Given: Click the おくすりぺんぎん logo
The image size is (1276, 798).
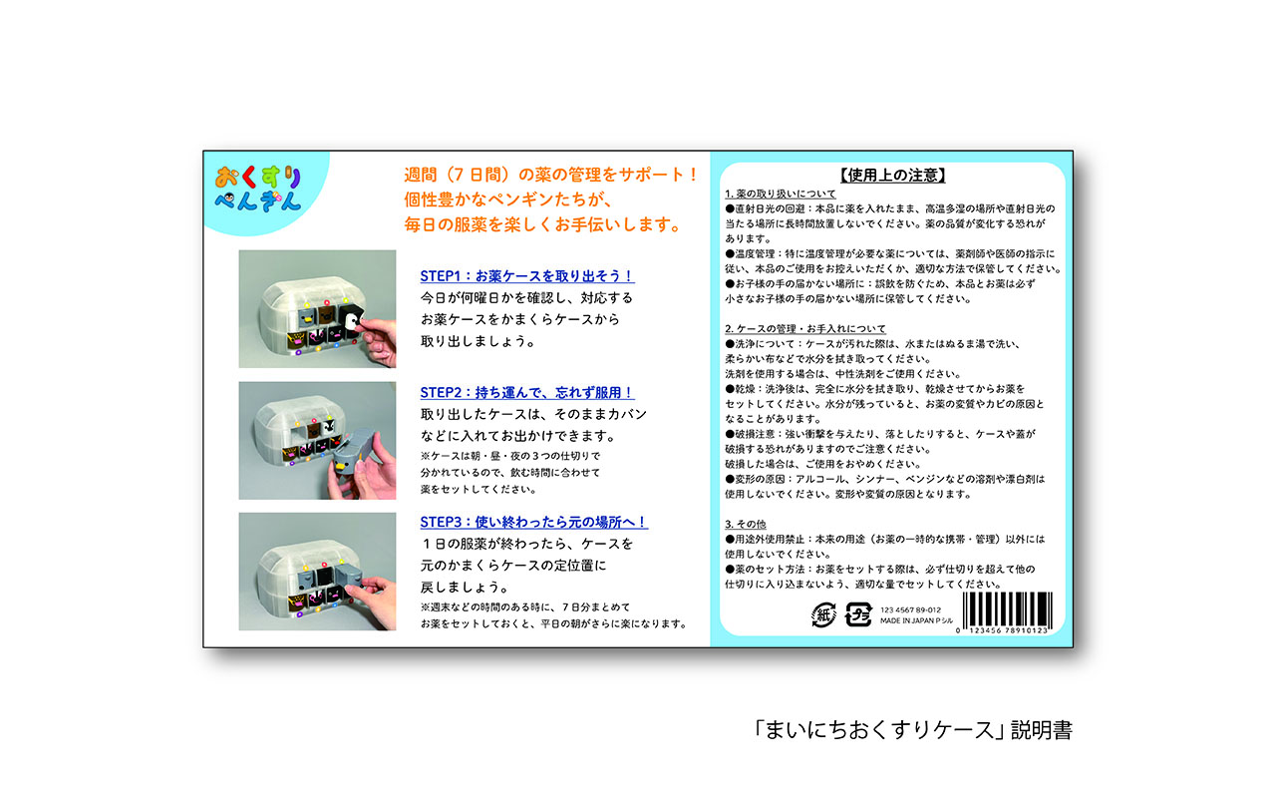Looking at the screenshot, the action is click(x=258, y=189).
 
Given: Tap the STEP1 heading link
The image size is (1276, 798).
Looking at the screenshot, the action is click(x=527, y=276).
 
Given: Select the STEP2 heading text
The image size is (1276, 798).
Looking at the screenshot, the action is click(x=527, y=392).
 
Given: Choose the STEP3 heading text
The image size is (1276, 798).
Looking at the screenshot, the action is click(x=533, y=522).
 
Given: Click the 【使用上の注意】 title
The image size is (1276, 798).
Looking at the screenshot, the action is click(x=892, y=175).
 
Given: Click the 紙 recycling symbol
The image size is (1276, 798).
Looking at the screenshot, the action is click(x=823, y=614).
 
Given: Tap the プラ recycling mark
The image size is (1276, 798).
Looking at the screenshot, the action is click(x=858, y=614).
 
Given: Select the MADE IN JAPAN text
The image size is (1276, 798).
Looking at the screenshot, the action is click(x=916, y=620).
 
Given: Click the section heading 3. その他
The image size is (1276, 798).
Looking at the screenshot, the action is click(x=745, y=524).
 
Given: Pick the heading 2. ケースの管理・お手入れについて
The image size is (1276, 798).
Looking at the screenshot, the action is click(x=804, y=329).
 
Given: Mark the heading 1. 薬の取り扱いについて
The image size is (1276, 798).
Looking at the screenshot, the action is click(x=780, y=194).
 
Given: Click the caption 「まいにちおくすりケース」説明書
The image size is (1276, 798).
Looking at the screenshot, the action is click(x=913, y=730).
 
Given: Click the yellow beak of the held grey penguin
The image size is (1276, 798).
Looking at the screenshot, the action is click(x=341, y=468).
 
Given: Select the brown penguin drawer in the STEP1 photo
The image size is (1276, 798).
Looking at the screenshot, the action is click(x=326, y=315).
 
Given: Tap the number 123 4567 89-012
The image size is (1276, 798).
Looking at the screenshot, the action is click(x=911, y=609).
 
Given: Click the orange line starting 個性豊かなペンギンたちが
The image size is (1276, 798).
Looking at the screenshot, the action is click(x=508, y=199).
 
